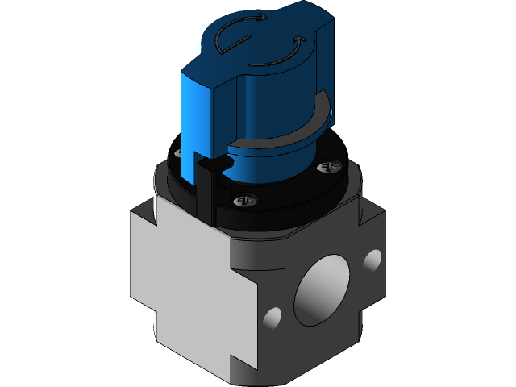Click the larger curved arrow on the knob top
[234, 35]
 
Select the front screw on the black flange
[245, 199]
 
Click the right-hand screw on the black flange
[328, 167]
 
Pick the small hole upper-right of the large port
[372, 260]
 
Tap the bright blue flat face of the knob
[198, 121]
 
